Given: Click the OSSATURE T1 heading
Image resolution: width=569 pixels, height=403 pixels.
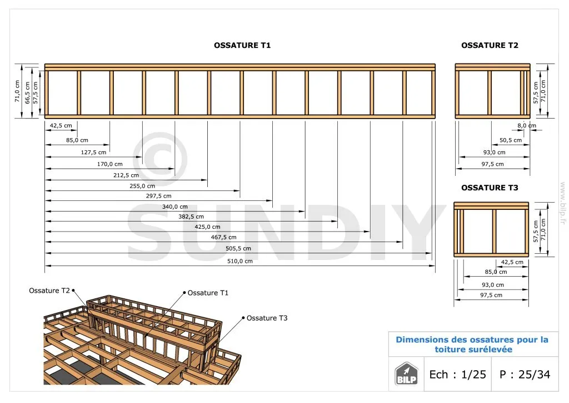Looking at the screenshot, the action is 242,46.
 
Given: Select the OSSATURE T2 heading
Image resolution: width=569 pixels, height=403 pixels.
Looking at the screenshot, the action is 490,46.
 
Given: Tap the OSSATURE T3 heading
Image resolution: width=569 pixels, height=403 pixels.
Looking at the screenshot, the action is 490,188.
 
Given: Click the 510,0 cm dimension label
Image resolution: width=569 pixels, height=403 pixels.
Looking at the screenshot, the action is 240,261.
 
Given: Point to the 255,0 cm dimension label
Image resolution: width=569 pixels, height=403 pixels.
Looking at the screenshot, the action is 142,186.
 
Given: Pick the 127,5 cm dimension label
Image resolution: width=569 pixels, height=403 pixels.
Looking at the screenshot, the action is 93,153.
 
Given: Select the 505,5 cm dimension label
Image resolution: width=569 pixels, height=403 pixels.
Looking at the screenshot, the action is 238,249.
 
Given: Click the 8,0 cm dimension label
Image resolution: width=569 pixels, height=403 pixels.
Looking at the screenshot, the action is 527,126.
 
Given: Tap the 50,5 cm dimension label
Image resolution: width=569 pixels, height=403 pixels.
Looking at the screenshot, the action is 511,140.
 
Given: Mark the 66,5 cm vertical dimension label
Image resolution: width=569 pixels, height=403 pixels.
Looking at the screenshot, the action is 27,92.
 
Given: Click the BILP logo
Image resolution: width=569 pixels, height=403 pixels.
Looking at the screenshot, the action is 406,373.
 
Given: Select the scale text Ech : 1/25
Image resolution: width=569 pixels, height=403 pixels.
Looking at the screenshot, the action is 457,374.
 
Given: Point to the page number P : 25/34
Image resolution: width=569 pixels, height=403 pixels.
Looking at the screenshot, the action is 525,374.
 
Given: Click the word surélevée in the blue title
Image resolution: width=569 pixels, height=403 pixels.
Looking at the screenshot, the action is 491,350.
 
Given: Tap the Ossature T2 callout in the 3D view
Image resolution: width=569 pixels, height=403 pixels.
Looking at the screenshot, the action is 49,291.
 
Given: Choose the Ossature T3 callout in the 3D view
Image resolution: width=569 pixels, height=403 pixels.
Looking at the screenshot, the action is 267,318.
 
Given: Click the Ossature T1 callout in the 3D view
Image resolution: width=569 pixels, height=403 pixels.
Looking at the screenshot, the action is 208,293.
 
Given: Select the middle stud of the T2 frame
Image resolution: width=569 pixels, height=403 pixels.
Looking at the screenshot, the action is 490,92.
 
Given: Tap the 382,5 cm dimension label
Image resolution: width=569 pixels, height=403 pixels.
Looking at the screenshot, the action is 191,217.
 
